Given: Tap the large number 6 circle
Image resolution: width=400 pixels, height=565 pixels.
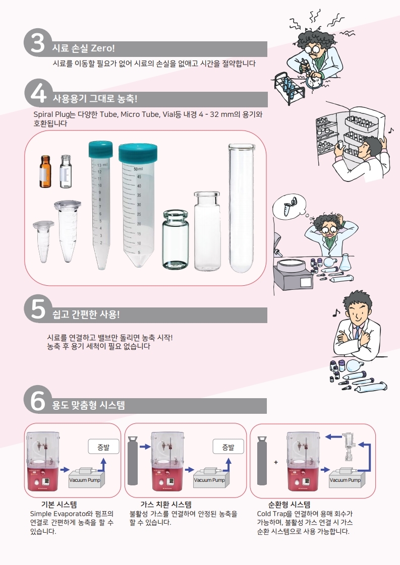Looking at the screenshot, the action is pos(37,400).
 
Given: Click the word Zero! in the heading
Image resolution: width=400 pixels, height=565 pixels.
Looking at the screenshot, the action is pos(103,48).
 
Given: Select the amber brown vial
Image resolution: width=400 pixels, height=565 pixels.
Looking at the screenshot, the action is pos(45,171).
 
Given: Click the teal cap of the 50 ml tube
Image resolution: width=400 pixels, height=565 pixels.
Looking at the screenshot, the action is pos(138,153).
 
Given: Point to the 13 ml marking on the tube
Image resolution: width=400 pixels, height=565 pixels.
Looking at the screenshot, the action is pos(102,165).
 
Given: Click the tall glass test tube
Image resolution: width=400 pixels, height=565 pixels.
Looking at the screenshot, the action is pos(241,208).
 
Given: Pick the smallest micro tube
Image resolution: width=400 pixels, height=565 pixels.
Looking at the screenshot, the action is pos(43,241).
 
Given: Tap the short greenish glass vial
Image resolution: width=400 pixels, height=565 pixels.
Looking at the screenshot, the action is pos(176,239).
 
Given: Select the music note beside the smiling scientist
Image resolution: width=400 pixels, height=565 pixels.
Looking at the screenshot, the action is pos(336,312).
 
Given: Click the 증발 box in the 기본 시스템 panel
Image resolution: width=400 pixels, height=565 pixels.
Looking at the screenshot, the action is pos(103,447).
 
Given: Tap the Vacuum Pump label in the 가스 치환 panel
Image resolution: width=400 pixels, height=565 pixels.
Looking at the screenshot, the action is pos(209,480).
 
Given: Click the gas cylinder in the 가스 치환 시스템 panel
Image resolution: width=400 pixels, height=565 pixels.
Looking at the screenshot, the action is pos(133,461).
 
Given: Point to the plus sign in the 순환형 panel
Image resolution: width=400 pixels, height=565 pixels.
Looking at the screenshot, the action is pos(276,462).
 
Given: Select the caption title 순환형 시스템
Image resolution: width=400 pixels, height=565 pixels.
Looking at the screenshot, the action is pos(289,505).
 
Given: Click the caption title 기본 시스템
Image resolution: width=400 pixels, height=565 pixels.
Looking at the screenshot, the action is pos(59,505).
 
